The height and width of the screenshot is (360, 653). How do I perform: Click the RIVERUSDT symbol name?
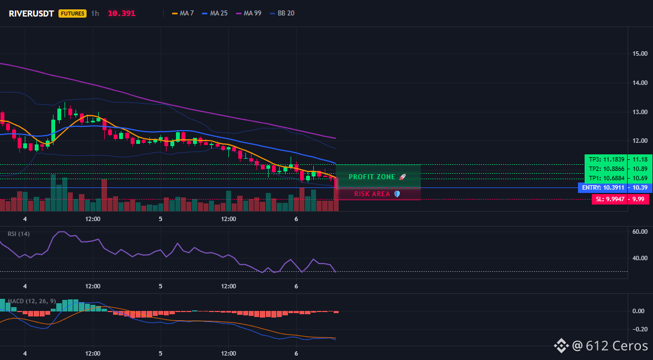pos(31,13)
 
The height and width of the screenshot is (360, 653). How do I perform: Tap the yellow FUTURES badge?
pos(73,13)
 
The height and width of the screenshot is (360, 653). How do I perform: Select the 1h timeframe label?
pos(95,13)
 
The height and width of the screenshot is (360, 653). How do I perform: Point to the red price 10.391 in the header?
pos(121,13)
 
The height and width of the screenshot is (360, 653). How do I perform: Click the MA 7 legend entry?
pos(183,13)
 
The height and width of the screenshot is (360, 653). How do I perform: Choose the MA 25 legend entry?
pos(215,13)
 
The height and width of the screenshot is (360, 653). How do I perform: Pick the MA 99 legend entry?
pos(249,13)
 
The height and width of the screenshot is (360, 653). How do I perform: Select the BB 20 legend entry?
pos(282,13)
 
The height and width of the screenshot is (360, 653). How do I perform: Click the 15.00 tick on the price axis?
pos(640,53)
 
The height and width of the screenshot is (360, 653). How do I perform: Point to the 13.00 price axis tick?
pos(640,112)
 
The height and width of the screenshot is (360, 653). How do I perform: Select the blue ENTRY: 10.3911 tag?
pos(603,187)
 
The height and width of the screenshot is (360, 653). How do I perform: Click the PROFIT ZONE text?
pos(372,177)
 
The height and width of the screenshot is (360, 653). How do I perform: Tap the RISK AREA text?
pos(372,194)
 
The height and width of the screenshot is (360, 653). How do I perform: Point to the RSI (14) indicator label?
pos(19,234)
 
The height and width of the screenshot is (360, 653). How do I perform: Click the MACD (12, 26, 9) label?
pos(31,301)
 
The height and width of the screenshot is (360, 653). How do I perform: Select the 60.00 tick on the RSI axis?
pos(640,232)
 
